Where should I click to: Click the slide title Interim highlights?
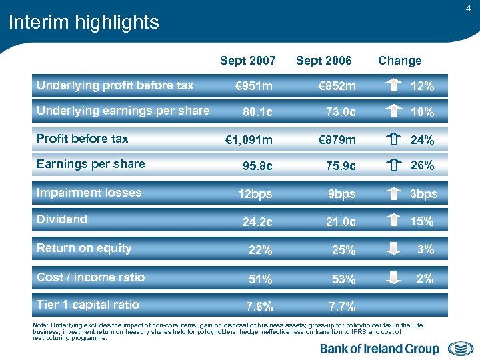(83, 22)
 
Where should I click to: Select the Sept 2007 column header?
(247, 61)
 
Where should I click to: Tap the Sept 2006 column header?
(323, 61)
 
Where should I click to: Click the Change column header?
(399, 61)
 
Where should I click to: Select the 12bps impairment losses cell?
(253, 194)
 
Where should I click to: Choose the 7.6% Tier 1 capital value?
(259, 307)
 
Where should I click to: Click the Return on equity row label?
(84, 248)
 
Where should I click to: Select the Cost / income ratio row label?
(91, 277)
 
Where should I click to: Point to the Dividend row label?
(62, 219)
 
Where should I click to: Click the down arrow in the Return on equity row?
(394, 249)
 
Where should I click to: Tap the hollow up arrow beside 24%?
(394, 140)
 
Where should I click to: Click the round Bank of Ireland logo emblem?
(460, 349)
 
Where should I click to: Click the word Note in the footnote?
(39, 324)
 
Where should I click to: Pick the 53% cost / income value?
(344, 279)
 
